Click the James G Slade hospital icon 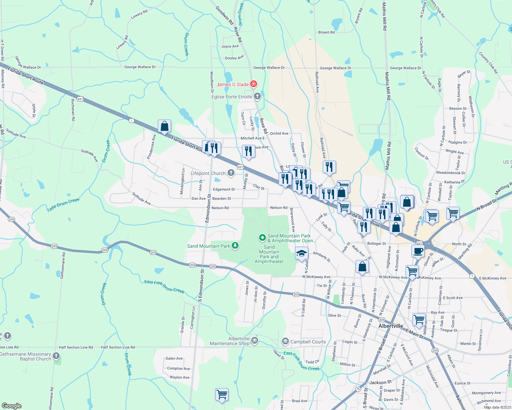[x=253, y=84]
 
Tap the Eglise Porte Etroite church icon [x=257, y=97]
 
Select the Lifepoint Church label [x=208, y=173]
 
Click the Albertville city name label [x=391, y=326]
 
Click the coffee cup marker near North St [x=418, y=251]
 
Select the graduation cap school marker [x=302, y=254]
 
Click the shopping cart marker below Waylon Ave [x=222, y=394]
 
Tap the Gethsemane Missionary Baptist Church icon [x=56, y=356]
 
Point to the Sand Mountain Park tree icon [x=235, y=245]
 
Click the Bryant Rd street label [x=327, y=32]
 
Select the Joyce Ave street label [x=230, y=46]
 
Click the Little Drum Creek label [x=63, y=205]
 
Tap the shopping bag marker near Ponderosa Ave [x=164, y=126]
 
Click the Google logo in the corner [x=11, y=406]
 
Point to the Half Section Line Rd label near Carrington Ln [x=118, y=347]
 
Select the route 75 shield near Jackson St [x=358, y=389]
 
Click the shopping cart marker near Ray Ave [x=419, y=320]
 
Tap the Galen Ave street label [x=174, y=358]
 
